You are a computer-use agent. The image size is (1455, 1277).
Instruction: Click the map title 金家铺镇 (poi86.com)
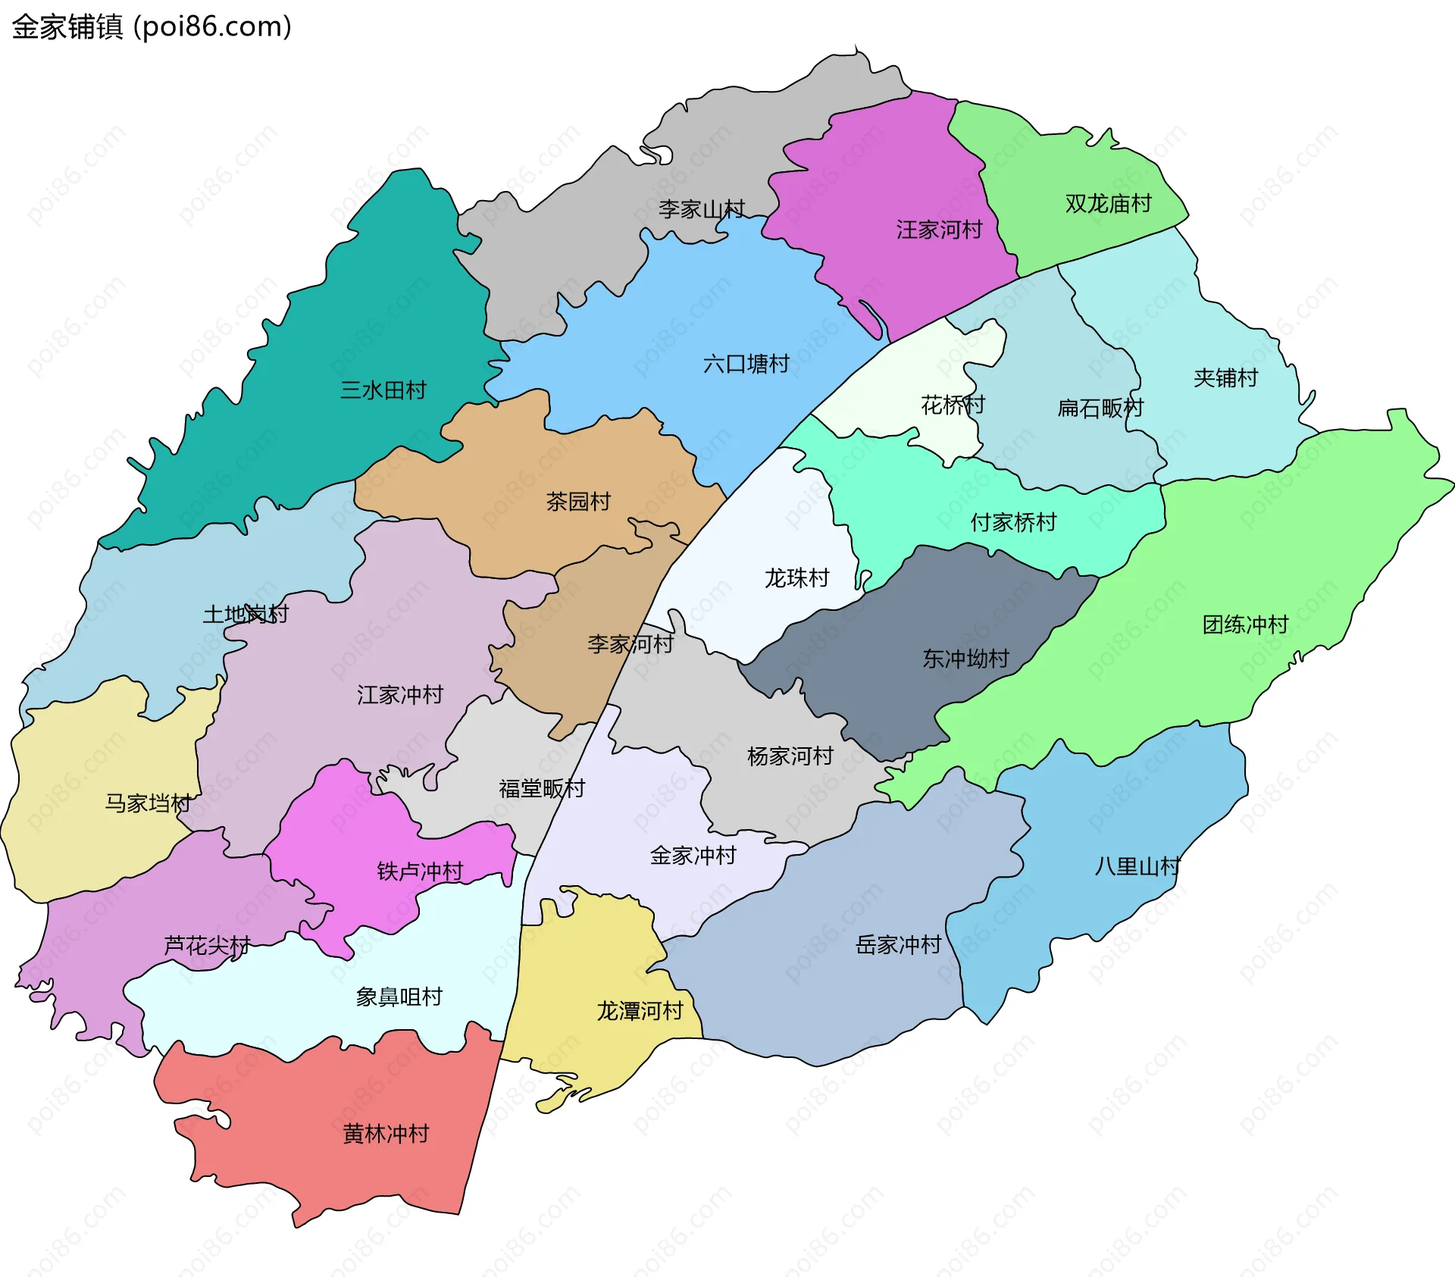coord(152,27)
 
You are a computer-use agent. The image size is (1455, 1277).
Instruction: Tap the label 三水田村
coord(383,390)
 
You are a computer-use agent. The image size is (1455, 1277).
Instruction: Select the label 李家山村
coord(701,209)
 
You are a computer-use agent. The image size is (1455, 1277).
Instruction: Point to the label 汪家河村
coord(939,230)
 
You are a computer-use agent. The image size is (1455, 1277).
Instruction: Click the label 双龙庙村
coord(1108,204)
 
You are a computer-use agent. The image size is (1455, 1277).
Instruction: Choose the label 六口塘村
coord(746,365)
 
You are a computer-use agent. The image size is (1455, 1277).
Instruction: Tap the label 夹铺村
coord(1225,378)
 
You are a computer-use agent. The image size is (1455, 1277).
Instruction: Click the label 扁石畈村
coord(1100,408)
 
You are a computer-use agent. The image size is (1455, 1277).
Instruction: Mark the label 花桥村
coord(953,405)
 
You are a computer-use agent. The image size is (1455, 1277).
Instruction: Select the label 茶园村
coord(578,502)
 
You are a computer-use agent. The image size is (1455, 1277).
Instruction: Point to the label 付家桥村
coord(1013,522)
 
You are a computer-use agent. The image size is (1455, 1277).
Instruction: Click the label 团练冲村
coord(1245,624)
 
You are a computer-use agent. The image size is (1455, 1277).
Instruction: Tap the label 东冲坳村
coord(965,659)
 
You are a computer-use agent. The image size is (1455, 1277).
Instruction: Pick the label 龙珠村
coord(796,578)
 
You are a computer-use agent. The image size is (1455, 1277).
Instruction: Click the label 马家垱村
coord(148,803)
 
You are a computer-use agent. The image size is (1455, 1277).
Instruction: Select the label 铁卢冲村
coord(420,872)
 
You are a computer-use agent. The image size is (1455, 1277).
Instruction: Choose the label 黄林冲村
coord(386,1134)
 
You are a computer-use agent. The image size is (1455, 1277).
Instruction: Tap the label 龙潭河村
coord(640,1011)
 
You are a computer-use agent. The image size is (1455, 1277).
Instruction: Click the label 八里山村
coord(1137,866)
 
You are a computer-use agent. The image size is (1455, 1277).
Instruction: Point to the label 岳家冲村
coord(898,945)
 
